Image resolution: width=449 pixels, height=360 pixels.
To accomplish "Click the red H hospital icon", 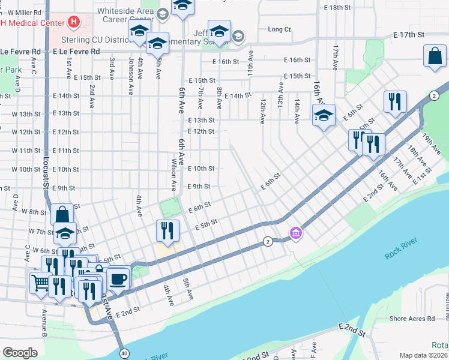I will click(74, 23).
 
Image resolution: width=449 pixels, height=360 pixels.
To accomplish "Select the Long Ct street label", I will click(279, 29).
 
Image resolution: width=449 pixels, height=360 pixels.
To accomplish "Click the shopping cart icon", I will click(40, 281).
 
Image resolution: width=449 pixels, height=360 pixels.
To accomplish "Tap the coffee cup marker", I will click(118, 278).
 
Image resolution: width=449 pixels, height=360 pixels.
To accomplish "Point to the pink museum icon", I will click(295, 233).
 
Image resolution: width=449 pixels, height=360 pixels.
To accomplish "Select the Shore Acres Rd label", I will click(412, 319).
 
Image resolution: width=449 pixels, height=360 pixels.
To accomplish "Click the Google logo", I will click(20, 352).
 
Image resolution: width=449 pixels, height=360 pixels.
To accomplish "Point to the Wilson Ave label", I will click(174, 174).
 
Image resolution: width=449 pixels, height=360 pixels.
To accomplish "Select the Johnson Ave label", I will click(130, 76).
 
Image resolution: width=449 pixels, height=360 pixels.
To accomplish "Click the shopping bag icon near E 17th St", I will click(434, 57).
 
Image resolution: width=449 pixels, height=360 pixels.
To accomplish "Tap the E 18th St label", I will click(336, 7).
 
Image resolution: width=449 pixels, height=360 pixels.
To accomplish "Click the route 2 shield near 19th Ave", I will click(433, 95).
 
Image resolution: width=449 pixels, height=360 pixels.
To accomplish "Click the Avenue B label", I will click(44, 323).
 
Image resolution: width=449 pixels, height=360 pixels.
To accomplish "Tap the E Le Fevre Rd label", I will click(76, 52).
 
